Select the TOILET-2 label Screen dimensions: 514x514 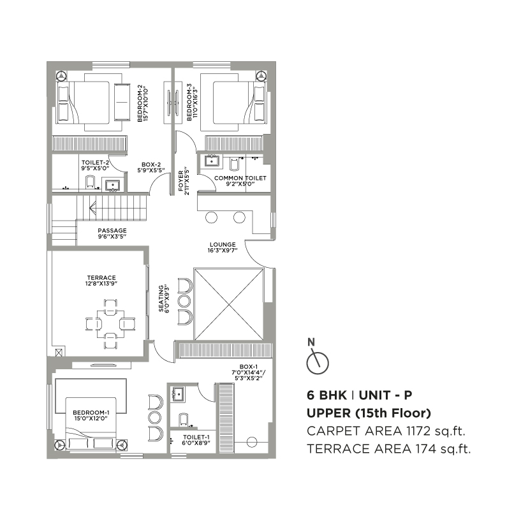point(95,165)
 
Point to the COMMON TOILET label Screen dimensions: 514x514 point(240,180)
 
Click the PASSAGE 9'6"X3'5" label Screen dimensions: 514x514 point(112,233)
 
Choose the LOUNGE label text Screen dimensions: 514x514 point(223,244)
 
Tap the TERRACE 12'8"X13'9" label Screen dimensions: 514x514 point(101,281)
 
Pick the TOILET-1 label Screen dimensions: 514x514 point(196,440)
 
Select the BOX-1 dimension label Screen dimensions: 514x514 point(249,372)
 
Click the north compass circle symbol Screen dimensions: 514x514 point(318,363)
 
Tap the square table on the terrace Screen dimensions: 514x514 point(110,324)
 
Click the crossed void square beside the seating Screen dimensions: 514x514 point(229,304)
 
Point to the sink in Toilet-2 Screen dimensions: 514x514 point(113,185)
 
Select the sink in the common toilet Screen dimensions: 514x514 point(212,161)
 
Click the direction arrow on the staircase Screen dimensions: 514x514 point(92,208)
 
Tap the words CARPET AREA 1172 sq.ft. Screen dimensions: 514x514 point(386,431)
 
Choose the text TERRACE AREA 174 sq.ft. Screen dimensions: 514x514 point(389,449)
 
